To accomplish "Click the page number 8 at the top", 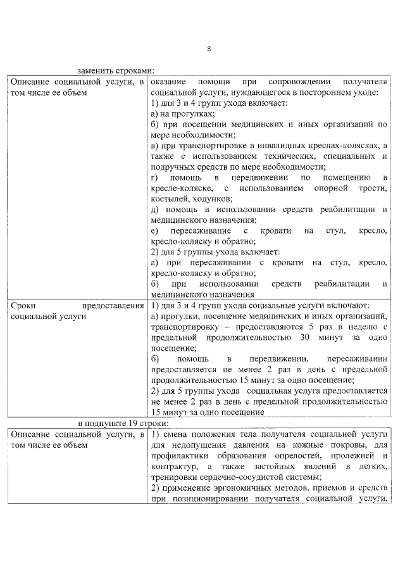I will click(x=209, y=49).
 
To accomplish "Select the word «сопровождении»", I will click(x=296, y=83).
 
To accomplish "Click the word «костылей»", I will click(x=168, y=199).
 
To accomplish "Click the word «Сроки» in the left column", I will click(x=24, y=306).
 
